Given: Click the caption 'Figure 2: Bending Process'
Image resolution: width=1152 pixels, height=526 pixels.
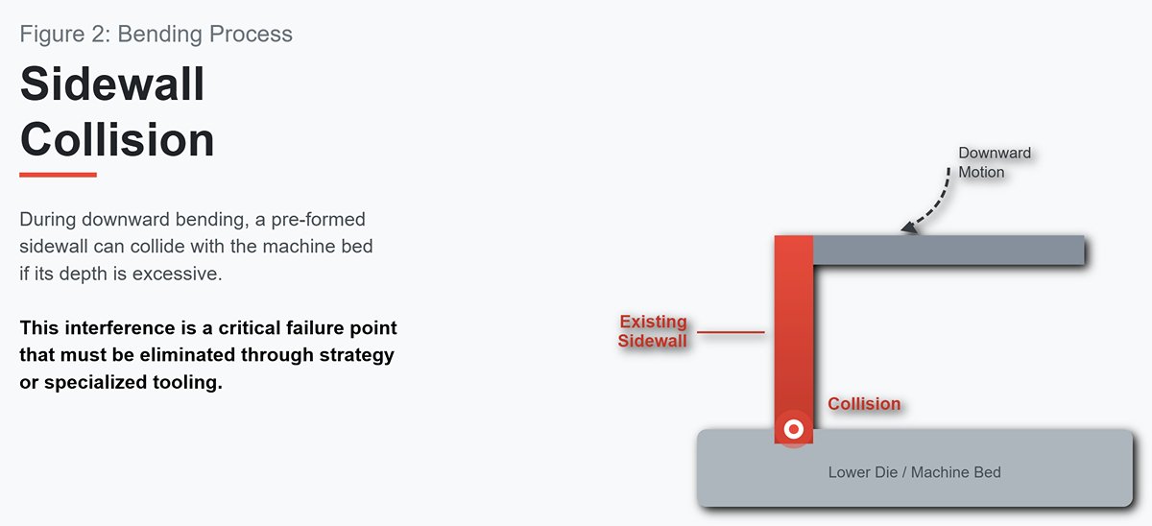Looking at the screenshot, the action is [156, 35].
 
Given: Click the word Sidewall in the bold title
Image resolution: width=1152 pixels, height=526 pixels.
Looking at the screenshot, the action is [112, 84].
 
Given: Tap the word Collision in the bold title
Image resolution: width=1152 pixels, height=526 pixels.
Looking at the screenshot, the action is [117, 139].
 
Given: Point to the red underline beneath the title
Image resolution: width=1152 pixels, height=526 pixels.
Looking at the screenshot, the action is [59, 175].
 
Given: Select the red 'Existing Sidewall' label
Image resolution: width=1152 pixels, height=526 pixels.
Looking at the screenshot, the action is [653, 331].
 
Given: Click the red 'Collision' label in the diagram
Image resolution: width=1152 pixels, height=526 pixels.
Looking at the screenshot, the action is [864, 404].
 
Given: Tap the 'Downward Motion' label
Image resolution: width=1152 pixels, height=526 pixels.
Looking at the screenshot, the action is [995, 162].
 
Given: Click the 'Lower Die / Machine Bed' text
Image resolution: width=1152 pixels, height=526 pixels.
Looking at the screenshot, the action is [914, 472].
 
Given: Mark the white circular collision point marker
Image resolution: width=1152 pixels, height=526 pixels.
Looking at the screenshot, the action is [794, 429].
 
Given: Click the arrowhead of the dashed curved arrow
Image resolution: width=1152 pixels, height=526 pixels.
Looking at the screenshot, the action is [909, 227].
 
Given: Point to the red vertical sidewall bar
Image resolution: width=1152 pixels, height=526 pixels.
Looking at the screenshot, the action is [794, 339].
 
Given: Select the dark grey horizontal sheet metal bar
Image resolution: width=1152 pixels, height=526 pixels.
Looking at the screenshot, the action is [948, 251].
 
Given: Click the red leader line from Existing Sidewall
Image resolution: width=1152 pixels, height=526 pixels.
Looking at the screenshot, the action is [731, 332].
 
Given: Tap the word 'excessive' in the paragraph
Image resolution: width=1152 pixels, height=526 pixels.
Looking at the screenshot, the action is [178, 274].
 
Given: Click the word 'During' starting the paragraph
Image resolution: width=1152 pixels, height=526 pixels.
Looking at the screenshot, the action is [48, 220].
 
